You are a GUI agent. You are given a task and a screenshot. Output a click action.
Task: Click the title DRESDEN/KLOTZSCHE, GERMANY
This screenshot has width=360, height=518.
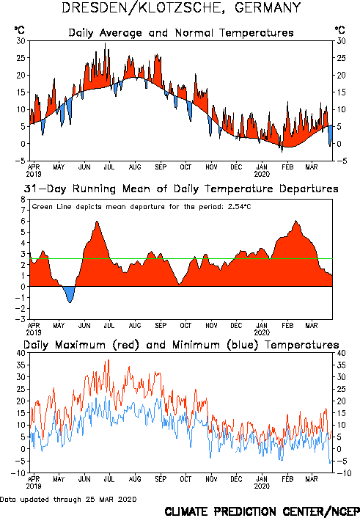click(x=181, y=8)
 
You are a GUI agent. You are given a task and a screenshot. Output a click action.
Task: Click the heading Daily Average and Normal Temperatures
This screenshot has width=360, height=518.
click(x=181, y=33)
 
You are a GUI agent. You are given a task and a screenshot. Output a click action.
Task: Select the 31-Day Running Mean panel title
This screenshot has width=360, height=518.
click(x=181, y=189)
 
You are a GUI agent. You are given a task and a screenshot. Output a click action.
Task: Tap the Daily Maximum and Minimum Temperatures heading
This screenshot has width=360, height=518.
click(x=181, y=345)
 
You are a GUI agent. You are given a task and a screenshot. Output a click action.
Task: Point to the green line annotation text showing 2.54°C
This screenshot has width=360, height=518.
click(x=142, y=207)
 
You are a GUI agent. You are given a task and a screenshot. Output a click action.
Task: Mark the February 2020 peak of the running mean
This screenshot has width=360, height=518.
click(x=296, y=221)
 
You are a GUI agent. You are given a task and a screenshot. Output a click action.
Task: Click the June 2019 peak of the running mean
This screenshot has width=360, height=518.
click(x=97, y=222)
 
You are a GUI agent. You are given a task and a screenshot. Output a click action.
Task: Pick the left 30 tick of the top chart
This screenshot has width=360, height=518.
click(x=21, y=41)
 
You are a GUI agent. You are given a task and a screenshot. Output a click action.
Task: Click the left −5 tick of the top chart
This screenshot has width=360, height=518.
click(x=20, y=161)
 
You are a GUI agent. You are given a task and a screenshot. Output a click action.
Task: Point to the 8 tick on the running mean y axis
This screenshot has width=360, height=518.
click(x=23, y=200)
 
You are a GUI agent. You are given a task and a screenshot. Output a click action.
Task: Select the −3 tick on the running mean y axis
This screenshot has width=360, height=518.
click(x=20, y=319)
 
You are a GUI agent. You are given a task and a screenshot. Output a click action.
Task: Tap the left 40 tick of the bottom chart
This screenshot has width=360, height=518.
click(x=21, y=353)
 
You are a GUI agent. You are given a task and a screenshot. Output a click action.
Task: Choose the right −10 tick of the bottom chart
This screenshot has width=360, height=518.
click(x=342, y=473)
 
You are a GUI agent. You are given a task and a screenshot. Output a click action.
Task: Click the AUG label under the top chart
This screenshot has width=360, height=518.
click(x=135, y=167)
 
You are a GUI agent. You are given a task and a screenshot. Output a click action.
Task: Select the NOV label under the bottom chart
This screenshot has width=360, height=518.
click(x=211, y=479)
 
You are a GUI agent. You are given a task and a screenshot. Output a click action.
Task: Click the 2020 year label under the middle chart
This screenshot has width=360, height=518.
click(x=262, y=332)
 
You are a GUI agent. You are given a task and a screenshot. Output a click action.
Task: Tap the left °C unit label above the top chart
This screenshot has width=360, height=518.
click(x=20, y=30)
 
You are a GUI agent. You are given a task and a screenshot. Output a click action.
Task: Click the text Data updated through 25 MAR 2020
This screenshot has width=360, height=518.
click(x=68, y=499)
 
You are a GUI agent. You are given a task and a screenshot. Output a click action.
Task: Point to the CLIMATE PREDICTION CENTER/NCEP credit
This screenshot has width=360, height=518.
click(x=262, y=511)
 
